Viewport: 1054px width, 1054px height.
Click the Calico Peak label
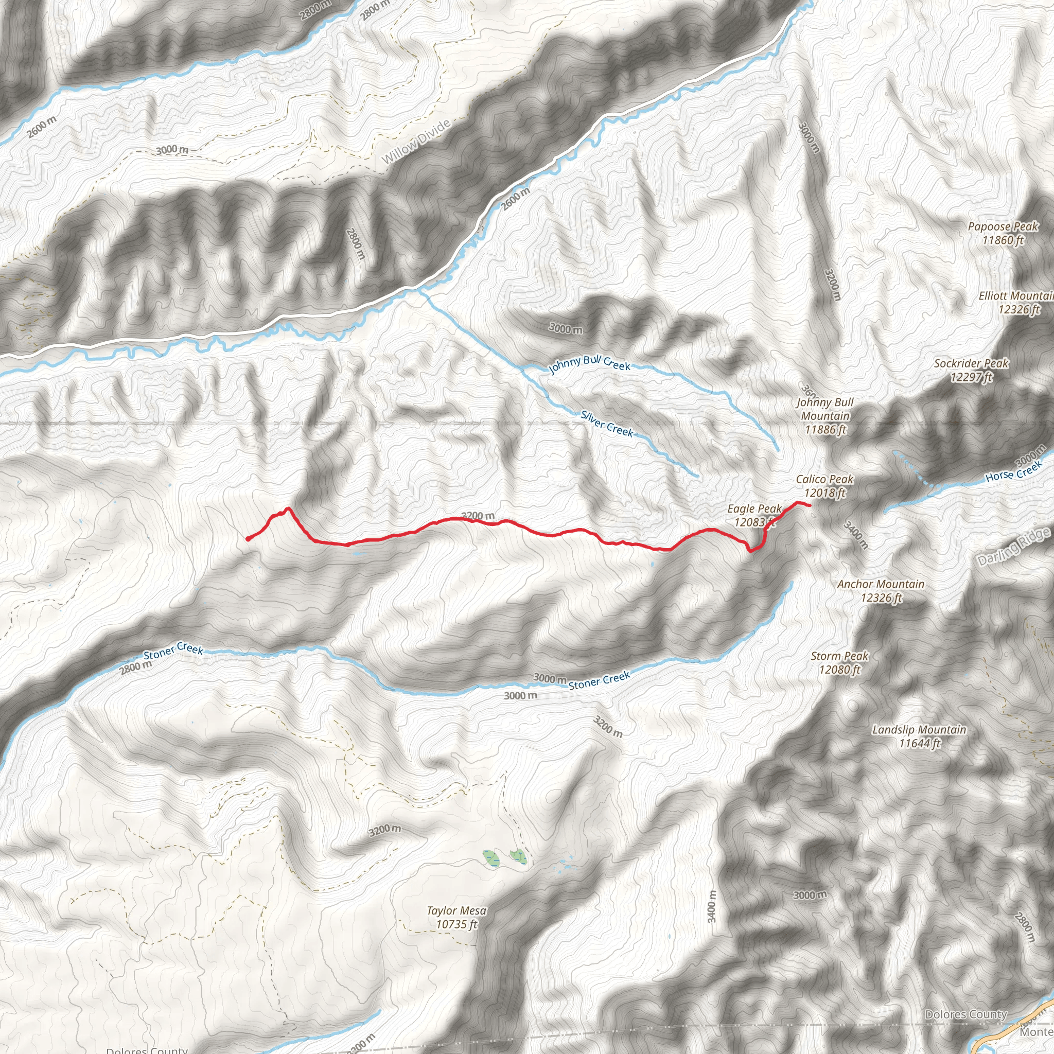coord(824,485)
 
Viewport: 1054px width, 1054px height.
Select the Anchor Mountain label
coord(881,591)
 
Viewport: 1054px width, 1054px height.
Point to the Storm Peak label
coord(839,662)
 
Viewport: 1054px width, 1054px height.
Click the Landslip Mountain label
coord(919,736)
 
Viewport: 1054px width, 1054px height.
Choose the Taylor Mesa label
coord(456,917)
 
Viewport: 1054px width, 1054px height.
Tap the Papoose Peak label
coord(1003,233)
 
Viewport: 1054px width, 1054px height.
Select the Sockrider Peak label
coord(971,370)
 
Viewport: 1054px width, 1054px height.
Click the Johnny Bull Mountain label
coord(825,416)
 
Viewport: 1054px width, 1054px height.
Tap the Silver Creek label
coord(607,424)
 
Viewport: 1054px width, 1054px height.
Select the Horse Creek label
coord(1014,472)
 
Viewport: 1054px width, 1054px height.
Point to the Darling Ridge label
coord(1014,547)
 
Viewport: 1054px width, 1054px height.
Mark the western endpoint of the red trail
coord(248,539)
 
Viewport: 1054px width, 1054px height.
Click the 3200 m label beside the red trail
coord(478,516)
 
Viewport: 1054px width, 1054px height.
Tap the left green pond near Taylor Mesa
coord(491,858)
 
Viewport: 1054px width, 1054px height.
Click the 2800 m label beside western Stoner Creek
coord(136,666)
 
